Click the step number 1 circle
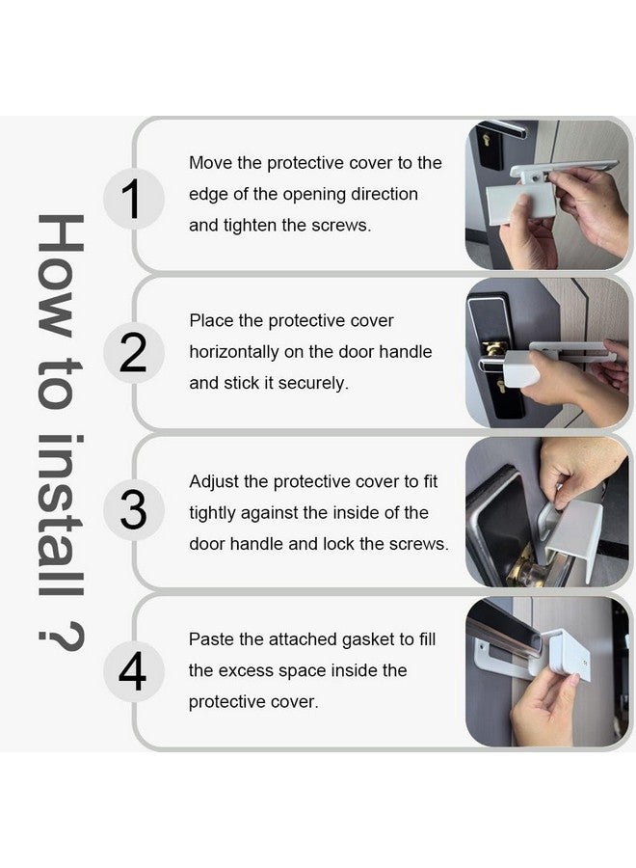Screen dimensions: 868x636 coord(134,198)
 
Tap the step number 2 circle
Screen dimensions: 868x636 coord(134,354)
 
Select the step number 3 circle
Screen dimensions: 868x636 coord(134,512)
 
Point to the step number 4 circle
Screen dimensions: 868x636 coord(134,671)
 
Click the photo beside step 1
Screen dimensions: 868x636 coord(546,195)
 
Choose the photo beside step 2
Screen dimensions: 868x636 coord(546,353)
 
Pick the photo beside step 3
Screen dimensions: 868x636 coord(546,512)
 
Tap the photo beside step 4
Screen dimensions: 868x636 coord(546,671)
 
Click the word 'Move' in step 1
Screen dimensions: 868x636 coord(211,163)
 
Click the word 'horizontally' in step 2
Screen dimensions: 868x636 coord(241,352)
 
